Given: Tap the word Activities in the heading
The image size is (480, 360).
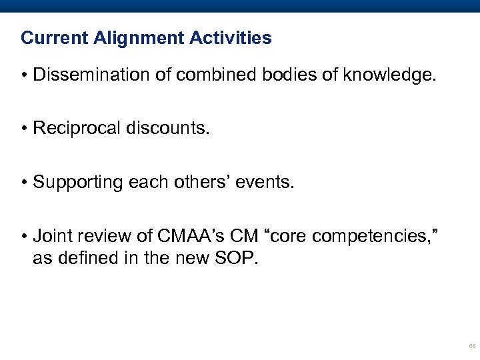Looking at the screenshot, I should pyautogui.click(x=230, y=38).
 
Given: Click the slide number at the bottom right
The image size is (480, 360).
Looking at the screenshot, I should pyautogui.click(x=472, y=347).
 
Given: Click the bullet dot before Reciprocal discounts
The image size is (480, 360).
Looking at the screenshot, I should pyautogui.click(x=24, y=128).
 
